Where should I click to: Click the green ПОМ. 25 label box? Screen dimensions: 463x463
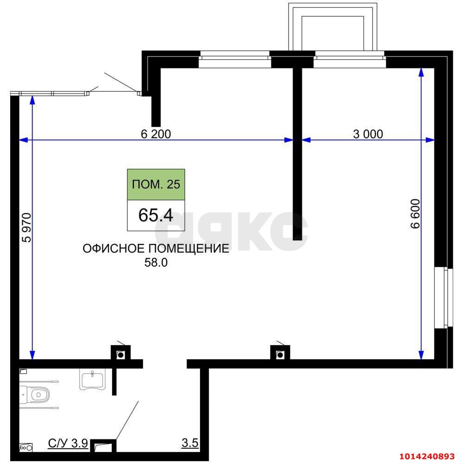tap(156, 185)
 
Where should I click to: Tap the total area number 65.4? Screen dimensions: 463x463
tap(156, 215)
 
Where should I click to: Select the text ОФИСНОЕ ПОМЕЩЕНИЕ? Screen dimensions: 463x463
tap(156, 249)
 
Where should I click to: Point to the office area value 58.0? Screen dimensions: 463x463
tap(156, 263)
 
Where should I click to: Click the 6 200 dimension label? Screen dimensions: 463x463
tap(156, 134)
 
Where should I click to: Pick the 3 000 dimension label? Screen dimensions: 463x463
tap(368, 134)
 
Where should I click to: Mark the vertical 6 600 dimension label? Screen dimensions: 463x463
tap(415, 214)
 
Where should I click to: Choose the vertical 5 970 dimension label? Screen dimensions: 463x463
tap(26, 228)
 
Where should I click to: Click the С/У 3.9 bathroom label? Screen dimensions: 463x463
tap(68, 444)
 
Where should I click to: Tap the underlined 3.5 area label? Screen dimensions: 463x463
tap(190, 443)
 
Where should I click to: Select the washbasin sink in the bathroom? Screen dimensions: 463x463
tap(92, 381)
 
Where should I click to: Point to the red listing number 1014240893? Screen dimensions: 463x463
tap(427, 456)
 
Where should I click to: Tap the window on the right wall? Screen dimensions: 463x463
tap(444, 297)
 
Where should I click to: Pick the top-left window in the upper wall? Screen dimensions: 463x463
tap(235, 59)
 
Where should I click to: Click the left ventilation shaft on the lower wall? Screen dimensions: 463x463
tap(120, 352)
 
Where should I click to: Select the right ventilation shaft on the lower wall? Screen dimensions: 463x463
tap(280, 352)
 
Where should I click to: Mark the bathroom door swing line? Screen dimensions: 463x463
tap(127, 420)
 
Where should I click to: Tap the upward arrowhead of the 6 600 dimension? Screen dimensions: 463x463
tap(421, 73)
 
